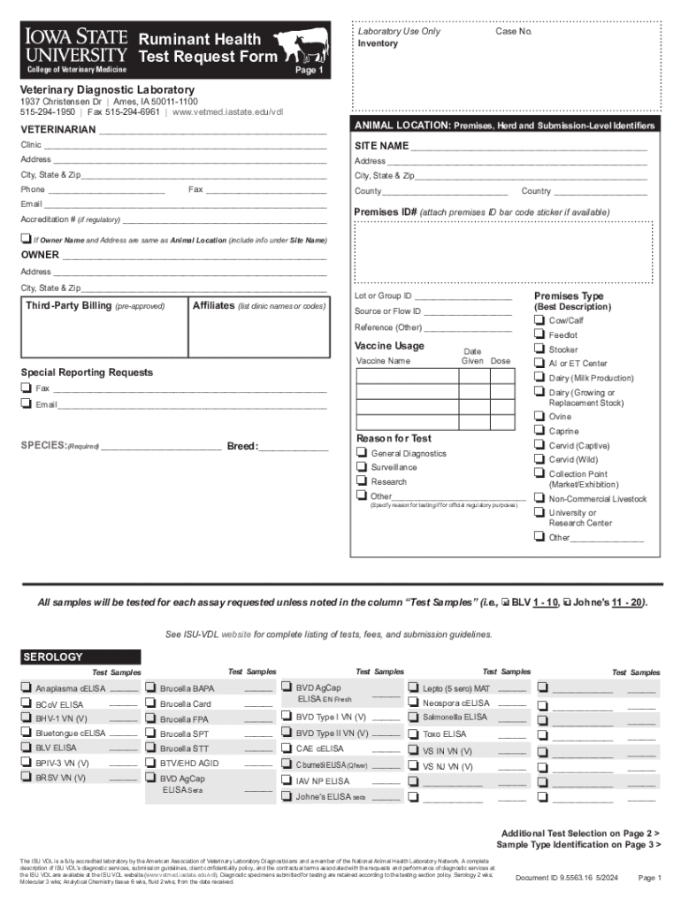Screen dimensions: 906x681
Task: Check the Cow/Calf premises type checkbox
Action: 538,320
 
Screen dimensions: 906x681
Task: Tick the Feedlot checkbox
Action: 538,334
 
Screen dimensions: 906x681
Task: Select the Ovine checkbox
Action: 538,416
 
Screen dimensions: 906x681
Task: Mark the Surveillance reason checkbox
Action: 361,466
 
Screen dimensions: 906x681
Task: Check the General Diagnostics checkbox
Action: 361,452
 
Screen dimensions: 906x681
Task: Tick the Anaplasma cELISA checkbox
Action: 27,687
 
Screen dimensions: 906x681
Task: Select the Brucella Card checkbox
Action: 151,703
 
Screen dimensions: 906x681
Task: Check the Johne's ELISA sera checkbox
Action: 287,795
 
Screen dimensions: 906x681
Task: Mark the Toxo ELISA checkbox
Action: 414,733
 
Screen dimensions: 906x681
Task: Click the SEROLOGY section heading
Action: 54,657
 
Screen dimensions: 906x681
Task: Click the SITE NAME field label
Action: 381,145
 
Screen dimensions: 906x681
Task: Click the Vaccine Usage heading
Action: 389,345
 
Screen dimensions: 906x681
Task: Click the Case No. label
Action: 513,32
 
